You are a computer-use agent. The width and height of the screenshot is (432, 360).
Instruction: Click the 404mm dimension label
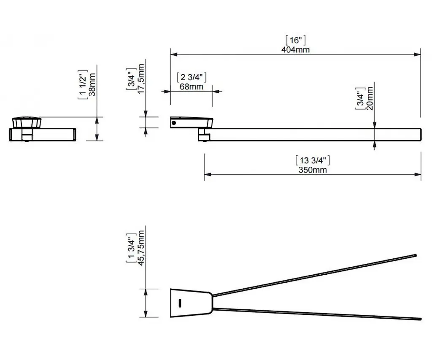tap(295, 50)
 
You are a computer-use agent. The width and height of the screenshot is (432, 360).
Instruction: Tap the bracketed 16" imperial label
tap(296, 40)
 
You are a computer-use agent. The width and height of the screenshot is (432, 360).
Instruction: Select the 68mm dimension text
tap(192, 87)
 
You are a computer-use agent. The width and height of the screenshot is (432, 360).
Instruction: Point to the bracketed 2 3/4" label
tap(192, 77)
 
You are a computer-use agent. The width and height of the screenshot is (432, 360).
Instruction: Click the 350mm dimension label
tap(313, 170)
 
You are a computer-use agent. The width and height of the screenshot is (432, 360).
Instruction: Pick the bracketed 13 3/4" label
tap(313, 160)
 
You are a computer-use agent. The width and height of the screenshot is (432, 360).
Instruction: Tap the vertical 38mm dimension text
tap(92, 84)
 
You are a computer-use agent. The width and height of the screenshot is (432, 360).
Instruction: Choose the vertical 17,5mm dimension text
tap(141, 79)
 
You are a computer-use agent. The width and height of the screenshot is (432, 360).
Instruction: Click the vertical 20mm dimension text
tap(370, 98)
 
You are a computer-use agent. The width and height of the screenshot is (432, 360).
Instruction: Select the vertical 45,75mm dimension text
tap(141, 248)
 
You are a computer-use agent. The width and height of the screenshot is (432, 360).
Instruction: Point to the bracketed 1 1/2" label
tap(83, 85)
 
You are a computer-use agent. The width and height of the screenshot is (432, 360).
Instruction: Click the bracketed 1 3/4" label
tap(132, 248)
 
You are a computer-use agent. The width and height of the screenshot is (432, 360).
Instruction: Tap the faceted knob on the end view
tap(27, 123)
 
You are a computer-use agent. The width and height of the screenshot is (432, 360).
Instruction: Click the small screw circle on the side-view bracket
tap(173, 123)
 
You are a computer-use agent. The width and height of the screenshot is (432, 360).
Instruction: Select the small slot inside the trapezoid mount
tap(180, 303)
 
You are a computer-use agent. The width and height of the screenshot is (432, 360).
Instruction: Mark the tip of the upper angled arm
tap(416, 255)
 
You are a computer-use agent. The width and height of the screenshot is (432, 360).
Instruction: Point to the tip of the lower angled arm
tap(421, 319)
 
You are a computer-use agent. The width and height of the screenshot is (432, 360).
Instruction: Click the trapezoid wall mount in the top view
tap(191, 303)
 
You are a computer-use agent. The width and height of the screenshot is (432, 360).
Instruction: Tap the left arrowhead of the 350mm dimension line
tap(208, 174)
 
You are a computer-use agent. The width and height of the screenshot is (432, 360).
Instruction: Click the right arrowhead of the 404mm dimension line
tap(418, 54)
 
